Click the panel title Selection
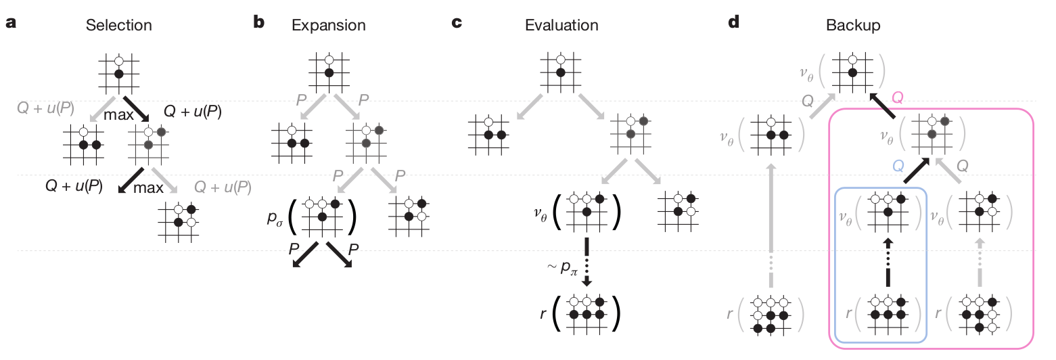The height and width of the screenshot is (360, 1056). tap(118, 26)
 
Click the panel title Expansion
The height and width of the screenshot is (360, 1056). tap(328, 26)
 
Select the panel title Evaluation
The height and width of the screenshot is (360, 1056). tap(561, 26)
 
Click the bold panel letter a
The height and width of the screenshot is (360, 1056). tap(11, 23)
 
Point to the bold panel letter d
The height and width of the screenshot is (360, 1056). tap(733, 23)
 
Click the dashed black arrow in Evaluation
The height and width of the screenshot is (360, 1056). tap(586, 261)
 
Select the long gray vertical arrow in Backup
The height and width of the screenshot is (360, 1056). tap(771, 231)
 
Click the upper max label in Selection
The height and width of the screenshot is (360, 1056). tap(119, 115)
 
